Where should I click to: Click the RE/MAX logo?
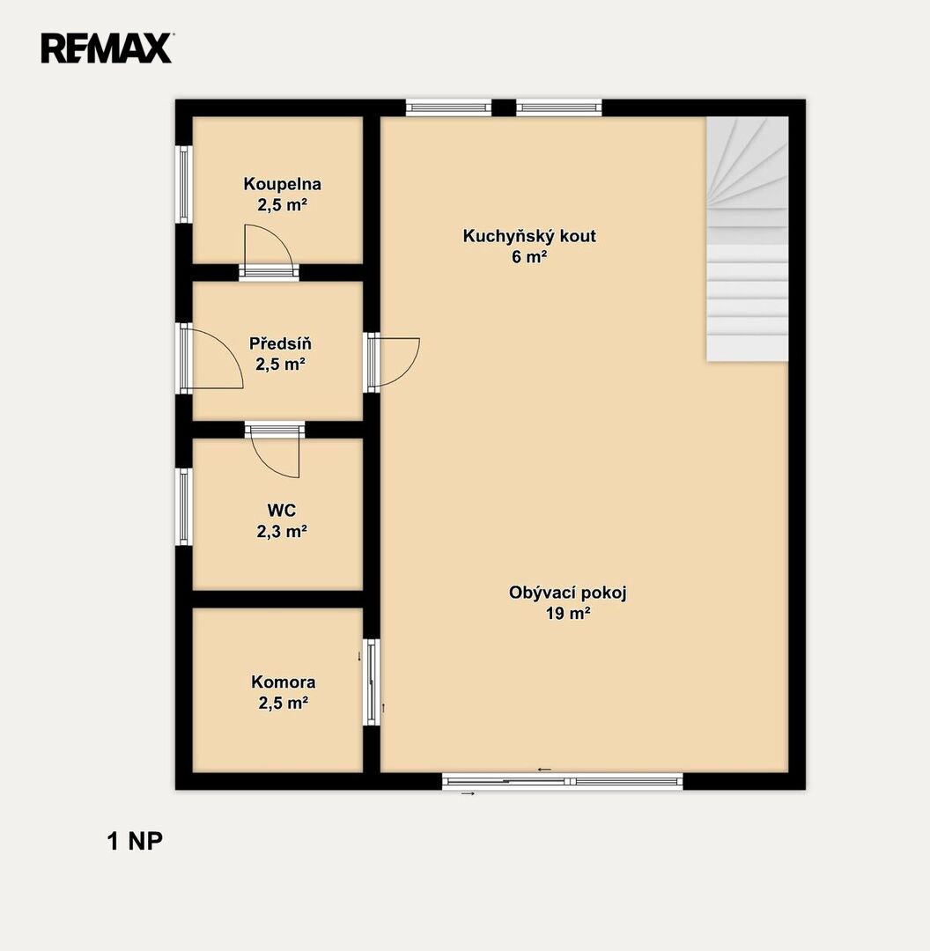107,48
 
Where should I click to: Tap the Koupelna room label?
282,184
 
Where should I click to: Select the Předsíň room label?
280,343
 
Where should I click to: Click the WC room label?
282,510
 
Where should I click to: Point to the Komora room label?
284,682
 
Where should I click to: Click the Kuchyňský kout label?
529,236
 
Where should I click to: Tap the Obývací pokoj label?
567,593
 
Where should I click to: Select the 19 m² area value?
568,613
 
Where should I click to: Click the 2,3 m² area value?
282,531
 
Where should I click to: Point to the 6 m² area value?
529,256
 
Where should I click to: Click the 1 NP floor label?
135,841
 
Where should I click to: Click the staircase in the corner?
748,239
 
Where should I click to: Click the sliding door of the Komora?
372,682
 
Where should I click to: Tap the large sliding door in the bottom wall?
563,781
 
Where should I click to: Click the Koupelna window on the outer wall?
184,184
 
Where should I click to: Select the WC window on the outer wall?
184,506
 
